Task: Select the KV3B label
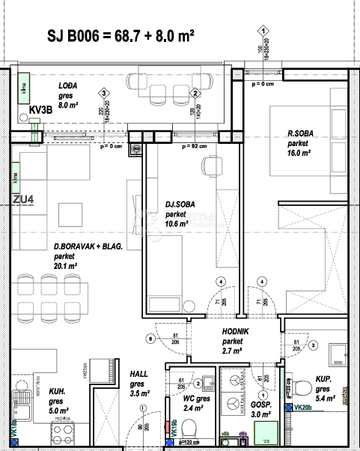click(40, 111)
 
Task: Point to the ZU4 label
click(24, 199)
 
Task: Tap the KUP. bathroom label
click(323, 380)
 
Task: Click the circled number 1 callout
click(263, 31)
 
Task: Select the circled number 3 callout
click(102, 93)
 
